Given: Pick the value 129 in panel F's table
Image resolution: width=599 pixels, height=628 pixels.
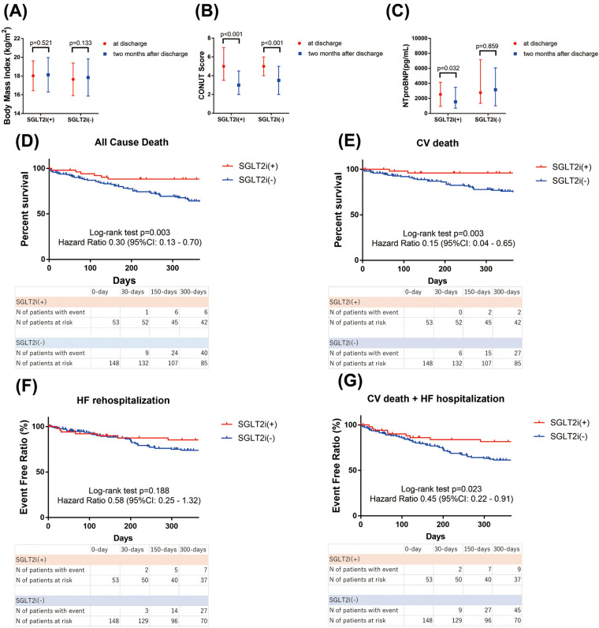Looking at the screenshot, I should click(x=135, y=613).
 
